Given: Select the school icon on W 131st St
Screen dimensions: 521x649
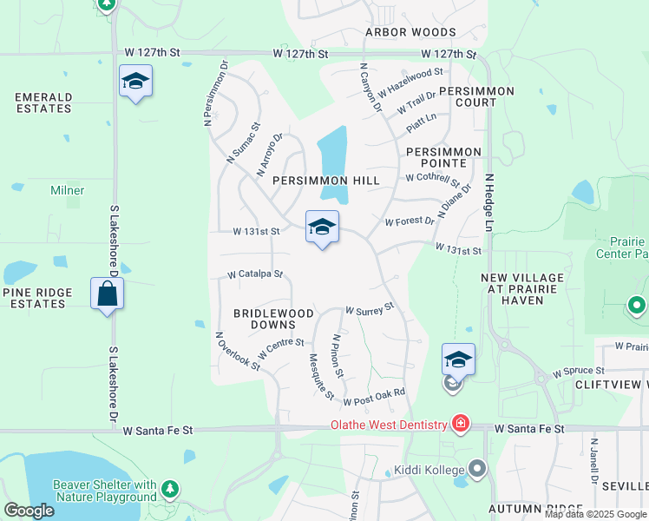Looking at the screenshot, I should (322, 227).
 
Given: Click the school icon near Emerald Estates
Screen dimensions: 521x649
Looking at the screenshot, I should (135, 82).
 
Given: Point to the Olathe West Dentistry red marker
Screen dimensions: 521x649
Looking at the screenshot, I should (460, 424).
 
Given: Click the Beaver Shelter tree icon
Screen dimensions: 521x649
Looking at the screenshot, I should (170, 490).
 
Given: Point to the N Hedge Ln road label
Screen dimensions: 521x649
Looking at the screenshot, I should (488, 201).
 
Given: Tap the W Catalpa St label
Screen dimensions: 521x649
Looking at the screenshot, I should (255, 274).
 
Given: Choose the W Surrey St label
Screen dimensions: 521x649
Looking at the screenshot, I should (370, 308).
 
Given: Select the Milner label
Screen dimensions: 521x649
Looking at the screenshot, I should (68, 190).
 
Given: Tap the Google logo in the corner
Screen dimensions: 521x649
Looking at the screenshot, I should (29, 510).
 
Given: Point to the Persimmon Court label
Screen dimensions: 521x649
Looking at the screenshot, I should (476, 96).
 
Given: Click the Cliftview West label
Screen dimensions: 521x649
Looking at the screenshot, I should (611, 384).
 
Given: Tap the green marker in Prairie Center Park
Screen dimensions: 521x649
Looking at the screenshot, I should (637, 306).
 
